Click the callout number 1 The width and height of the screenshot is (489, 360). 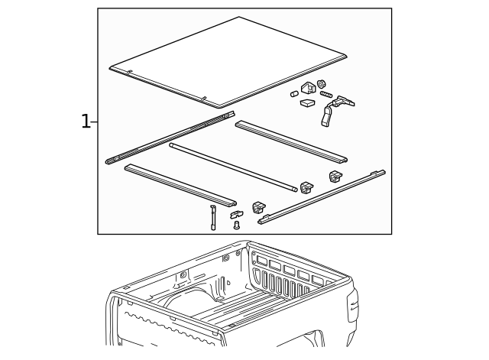tap(86, 122)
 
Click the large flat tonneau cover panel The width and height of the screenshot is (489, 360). tap(228, 62)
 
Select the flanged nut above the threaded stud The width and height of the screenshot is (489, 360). tap(321, 83)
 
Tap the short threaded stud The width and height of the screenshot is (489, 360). tap(326, 94)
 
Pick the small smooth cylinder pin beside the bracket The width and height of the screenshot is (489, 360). tap(294, 93)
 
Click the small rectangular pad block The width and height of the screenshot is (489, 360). tap(307, 103)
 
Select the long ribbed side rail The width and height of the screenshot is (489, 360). tap(170, 138)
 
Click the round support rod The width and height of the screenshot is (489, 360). tap(233, 167)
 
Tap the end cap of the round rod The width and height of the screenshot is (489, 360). tap(295, 190)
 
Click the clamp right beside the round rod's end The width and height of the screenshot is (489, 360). tap(306, 187)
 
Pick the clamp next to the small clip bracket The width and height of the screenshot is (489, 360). tap(258, 207)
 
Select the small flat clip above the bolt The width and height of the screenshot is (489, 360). tap(237, 215)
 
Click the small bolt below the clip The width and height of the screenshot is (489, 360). tap(236, 225)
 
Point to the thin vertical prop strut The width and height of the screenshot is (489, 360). tap(212, 217)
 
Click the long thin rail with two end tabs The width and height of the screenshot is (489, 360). tap(322, 197)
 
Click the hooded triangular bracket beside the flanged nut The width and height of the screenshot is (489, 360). tap(308, 88)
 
